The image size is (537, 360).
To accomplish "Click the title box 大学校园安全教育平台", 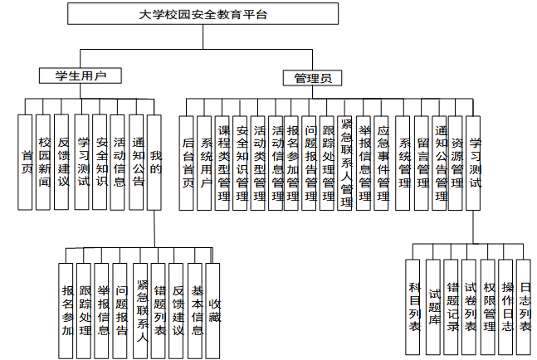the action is pos(203,15).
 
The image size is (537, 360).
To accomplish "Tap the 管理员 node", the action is pos(312,79).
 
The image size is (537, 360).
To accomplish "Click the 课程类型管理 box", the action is pos(223,163).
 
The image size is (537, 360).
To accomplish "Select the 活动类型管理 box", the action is pos(259,163).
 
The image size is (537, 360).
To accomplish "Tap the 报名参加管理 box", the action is pos(292,163).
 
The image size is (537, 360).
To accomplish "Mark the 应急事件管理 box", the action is pos(383,163).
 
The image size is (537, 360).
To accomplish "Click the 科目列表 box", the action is pos(415,304).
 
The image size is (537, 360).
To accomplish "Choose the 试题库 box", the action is pos(433,304).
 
